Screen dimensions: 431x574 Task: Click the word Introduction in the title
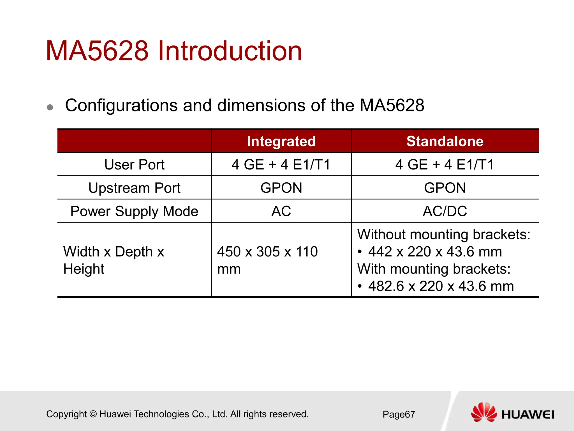(x=230, y=51)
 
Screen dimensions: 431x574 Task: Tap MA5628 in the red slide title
(x=97, y=51)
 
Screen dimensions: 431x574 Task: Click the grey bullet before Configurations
(x=50, y=107)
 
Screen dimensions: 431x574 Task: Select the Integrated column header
(x=281, y=141)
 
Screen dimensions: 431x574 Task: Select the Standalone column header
(x=445, y=141)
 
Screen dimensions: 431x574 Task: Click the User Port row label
(x=134, y=164)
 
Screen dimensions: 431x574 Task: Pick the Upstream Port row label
(x=134, y=188)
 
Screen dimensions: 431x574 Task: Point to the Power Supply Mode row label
(x=134, y=211)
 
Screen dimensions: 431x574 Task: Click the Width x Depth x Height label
(x=114, y=260)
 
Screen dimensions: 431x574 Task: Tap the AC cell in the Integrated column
(x=281, y=211)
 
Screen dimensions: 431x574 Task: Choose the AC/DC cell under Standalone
(x=445, y=211)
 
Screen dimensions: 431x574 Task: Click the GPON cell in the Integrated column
(x=281, y=188)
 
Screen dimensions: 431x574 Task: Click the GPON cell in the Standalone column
(x=445, y=188)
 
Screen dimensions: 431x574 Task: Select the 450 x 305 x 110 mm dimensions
(x=267, y=260)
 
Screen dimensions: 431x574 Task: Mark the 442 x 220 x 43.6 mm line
(x=435, y=252)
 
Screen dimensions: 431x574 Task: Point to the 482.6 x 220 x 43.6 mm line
(x=441, y=286)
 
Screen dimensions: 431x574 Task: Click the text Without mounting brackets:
(x=444, y=234)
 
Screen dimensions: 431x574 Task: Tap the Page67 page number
(x=399, y=414)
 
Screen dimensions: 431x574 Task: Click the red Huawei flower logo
(x=484, y=412)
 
